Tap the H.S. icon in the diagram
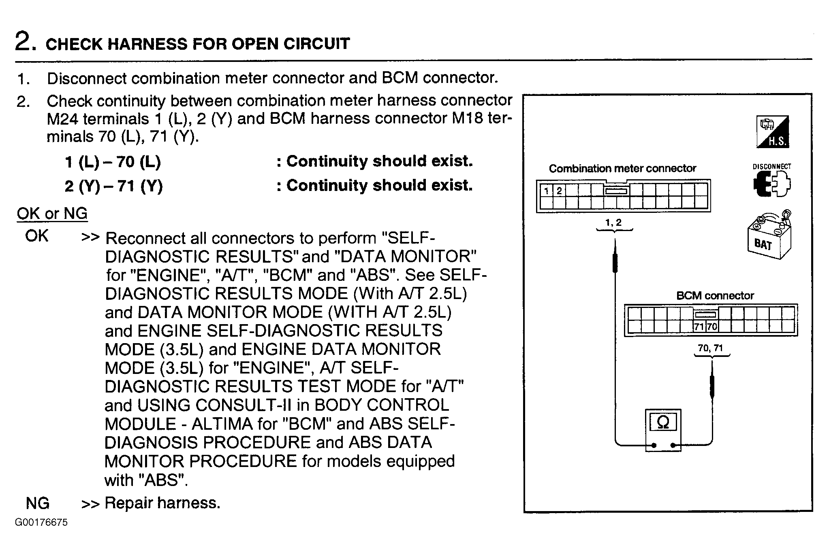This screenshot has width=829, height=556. coord(773,132)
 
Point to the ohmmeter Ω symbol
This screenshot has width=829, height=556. coord(663,423)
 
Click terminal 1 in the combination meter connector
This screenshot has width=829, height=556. coord(547,191)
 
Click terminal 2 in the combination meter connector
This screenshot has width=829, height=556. coord(559,191)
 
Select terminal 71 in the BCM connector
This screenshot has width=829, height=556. coord(699,327)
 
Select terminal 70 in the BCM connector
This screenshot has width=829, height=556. coord(712,327)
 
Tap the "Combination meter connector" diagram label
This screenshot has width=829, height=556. coord(622,169)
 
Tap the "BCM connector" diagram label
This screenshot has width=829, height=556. coord(715,296)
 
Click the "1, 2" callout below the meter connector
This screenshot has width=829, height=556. coord(613,223)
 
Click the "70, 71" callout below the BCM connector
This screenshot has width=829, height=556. coord(710,348)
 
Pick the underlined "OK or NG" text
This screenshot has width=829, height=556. coord(52,213)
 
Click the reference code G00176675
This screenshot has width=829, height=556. coord(41,522)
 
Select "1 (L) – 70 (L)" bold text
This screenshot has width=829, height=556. coord(113,162)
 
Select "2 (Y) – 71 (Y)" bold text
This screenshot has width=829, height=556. coord(113,186)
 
